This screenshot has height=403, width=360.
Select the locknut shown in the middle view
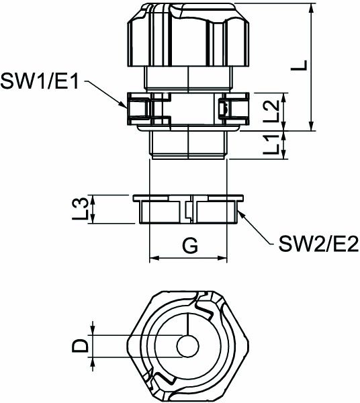188,210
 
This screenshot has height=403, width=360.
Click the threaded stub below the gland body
188,144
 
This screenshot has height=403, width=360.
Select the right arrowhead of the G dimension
225,259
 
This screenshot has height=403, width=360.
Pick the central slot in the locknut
189,210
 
